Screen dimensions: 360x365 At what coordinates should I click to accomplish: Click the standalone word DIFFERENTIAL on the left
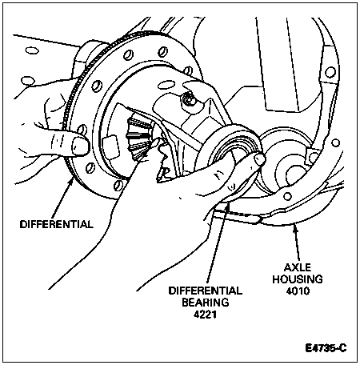[x=57, y=224]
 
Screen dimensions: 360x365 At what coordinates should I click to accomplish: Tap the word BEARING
[x=206, y=303]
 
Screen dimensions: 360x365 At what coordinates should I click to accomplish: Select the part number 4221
[x=205, y=315]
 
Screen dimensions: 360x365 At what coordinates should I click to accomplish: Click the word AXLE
[x=298, y=267]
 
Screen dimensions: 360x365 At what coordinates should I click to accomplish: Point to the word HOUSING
[x=298, y=279]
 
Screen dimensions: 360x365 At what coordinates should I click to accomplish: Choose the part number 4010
[x=298, y=291]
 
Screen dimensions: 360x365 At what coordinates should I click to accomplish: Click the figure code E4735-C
[x=326, y=348]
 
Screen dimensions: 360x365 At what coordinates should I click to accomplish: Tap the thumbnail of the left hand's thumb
[x=80, y=146]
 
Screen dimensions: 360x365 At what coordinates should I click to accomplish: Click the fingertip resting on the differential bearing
[x=258, y=159]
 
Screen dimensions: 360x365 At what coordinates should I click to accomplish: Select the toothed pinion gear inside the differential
[x=138, y=138]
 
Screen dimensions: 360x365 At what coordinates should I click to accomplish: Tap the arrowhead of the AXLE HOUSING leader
[x=294, y=227]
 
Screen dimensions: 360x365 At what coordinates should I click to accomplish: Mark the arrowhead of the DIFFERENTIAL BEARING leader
[x=226, y=206]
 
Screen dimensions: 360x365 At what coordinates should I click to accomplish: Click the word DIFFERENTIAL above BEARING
[x=206, y=291]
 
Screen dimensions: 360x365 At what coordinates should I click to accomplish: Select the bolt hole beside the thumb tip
[x=82, y=130]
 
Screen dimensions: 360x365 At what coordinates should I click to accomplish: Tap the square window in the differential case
[x=111, y=143]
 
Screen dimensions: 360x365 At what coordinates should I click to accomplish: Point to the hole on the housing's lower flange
[x=287, y=196]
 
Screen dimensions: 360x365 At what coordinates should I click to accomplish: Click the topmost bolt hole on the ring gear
[x=163, y=52]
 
